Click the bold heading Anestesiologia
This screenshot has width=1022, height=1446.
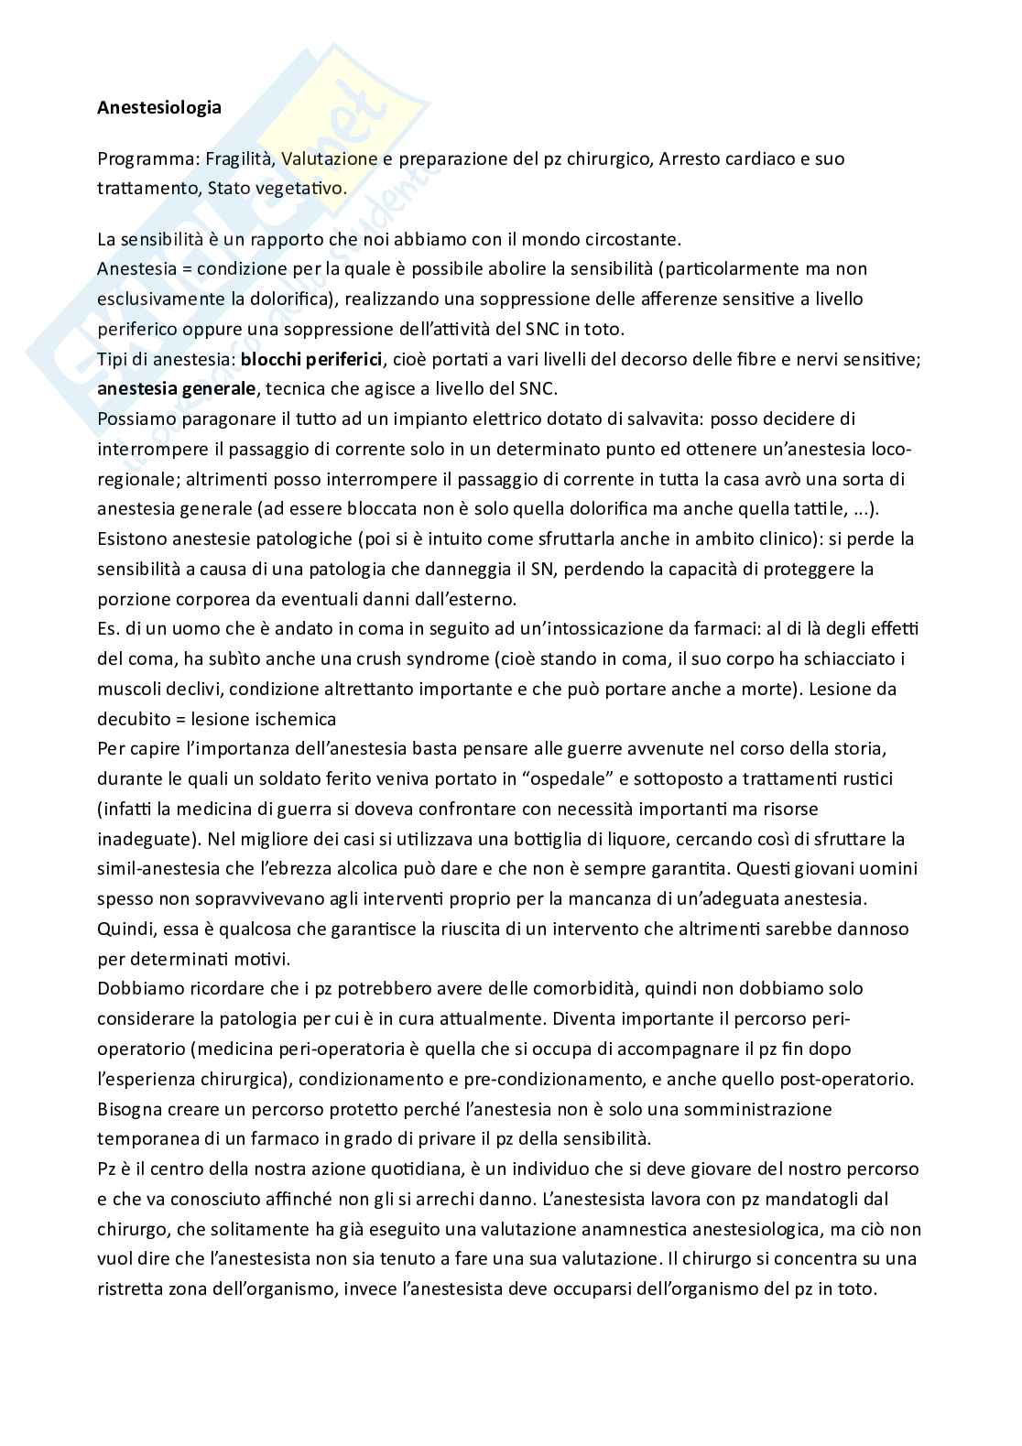pos(159,107)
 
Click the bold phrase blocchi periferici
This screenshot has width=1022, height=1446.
pos(310,359)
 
